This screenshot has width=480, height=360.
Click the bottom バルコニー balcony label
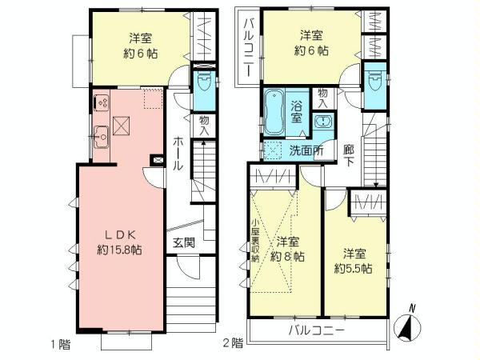click(316, 330)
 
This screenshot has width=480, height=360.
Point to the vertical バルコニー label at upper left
click(248, 46)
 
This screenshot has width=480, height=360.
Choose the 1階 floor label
click(62, 345)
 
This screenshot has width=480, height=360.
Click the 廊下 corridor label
click(350, 155)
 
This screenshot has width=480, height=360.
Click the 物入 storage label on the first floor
click(205, 126)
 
